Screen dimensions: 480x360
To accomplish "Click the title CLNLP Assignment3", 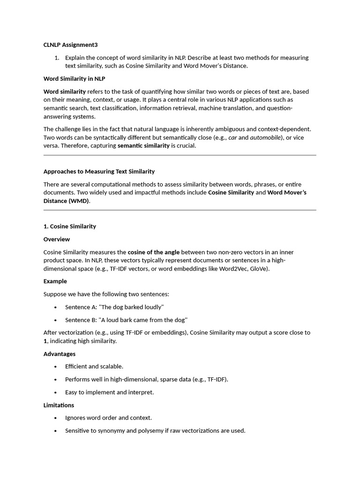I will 70,45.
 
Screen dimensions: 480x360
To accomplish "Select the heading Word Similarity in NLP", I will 74,79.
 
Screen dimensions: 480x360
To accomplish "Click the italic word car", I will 232,137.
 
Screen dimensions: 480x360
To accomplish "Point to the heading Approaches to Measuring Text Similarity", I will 99,172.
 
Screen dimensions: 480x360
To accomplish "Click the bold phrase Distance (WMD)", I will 66,201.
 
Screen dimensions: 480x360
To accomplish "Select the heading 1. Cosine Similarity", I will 70,226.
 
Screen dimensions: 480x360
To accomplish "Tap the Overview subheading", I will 57,240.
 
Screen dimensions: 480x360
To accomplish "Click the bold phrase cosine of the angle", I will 154,252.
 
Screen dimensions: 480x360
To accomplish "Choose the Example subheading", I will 55,281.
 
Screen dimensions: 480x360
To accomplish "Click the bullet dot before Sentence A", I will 56,307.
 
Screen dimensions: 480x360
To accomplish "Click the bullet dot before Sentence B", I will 56,320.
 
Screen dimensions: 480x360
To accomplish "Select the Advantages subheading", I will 60,354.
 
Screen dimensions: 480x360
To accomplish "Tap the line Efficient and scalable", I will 94,367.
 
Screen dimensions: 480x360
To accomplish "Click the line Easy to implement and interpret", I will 109,392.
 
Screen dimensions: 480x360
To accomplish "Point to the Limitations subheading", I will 59,405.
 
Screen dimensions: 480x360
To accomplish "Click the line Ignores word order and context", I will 108,418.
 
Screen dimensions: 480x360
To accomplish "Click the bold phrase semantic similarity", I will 143,146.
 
